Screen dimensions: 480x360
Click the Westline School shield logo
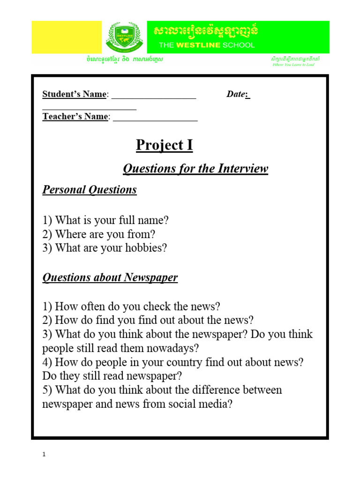coord(124,37)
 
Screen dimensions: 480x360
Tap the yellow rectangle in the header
coord(66,37)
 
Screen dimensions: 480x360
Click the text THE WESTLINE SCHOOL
coord(207,45)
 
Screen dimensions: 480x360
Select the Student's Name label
coord(75,94)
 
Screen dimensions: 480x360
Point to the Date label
coord(237,94)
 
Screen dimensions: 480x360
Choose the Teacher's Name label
coord(75,117)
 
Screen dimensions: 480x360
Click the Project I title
coord(164,145)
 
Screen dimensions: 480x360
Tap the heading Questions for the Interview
coord(195,169)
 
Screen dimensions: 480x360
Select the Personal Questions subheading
coord(90,190)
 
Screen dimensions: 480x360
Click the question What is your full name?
coord(105,220)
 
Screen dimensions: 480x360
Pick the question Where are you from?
coord(99,234)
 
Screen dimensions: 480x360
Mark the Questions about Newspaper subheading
coord(110,277)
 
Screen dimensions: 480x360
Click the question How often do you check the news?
coord(131,307)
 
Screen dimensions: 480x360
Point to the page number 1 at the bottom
coord(44,454)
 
